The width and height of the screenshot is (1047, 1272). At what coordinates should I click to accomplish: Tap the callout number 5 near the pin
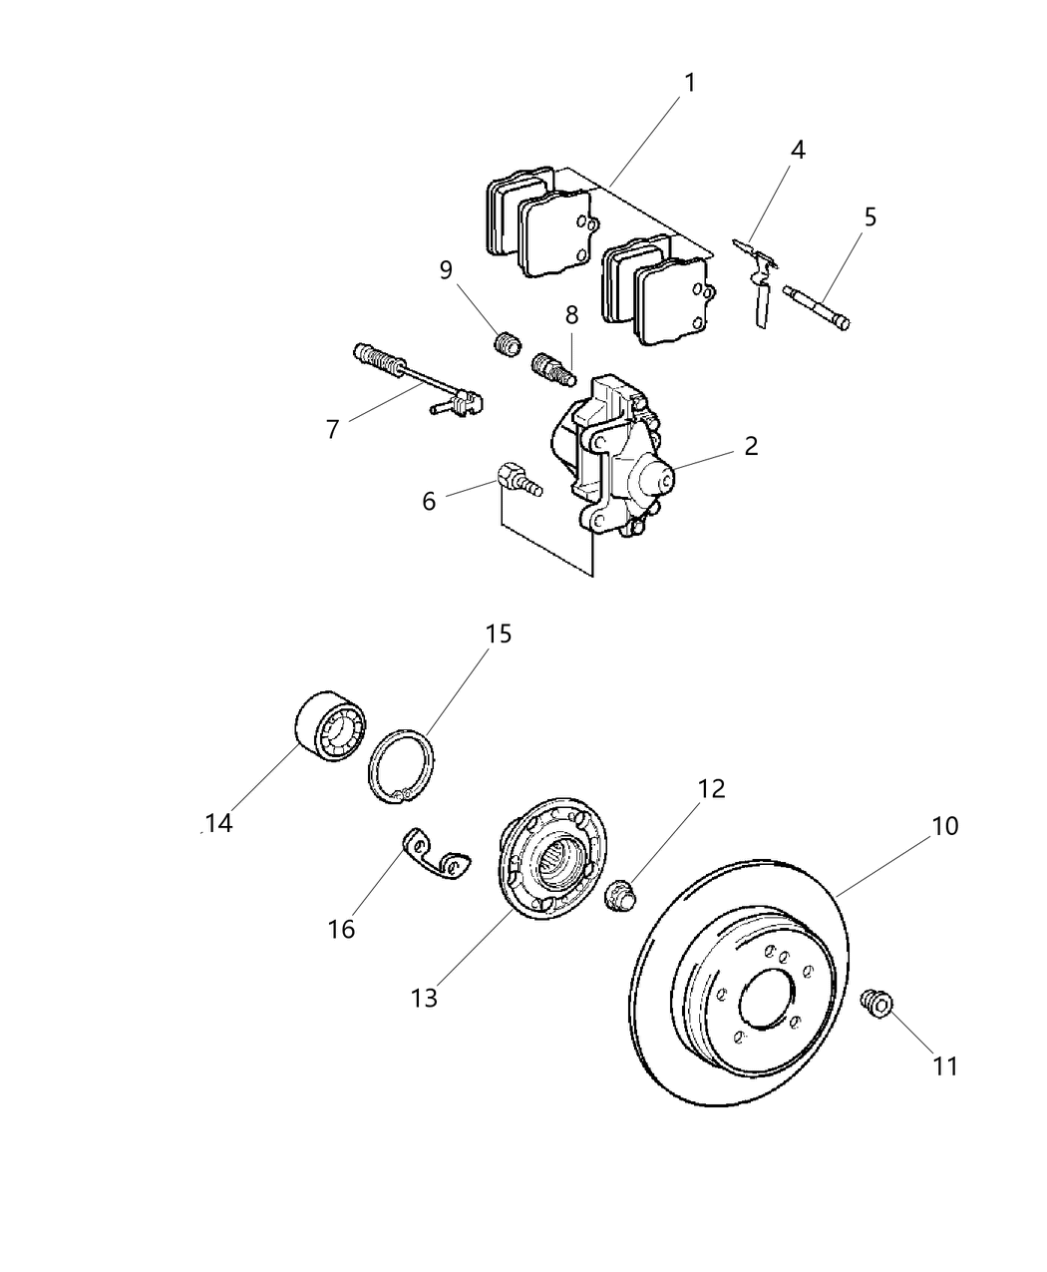871,216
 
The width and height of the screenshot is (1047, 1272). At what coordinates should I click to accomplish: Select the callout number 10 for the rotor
945,826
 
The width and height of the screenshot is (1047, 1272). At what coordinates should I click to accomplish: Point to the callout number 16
341,929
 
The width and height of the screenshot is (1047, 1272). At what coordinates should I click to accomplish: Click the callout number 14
218,823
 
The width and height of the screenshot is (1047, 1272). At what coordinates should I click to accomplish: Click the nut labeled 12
621,895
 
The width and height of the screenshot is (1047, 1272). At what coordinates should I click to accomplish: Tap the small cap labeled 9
509,345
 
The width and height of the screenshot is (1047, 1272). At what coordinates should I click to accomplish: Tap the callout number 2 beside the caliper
750,446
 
